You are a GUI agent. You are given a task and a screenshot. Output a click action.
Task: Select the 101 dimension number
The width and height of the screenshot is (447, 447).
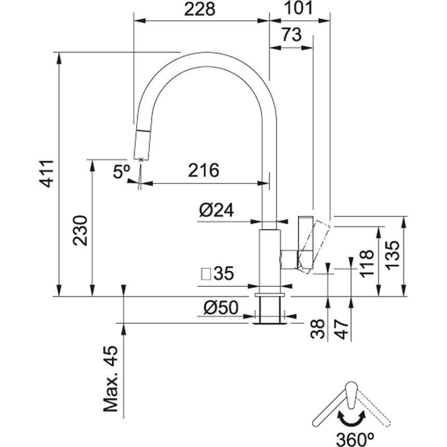point(298,8)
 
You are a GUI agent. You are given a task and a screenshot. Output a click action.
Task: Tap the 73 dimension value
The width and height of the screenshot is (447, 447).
point(291,35)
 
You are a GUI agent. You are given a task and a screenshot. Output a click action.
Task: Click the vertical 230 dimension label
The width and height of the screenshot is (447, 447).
point(81,230)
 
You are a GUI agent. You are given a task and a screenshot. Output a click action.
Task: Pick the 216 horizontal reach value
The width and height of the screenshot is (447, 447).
point(203,170)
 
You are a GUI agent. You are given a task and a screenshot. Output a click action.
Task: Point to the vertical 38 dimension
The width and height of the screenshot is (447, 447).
point(319,328)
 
